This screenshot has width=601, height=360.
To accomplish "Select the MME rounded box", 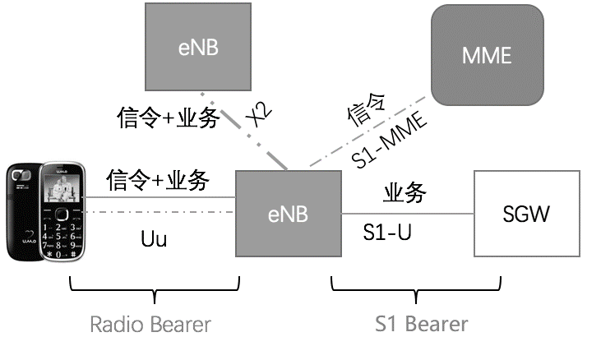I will point(487,54).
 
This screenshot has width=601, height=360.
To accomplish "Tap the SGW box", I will point(525,215).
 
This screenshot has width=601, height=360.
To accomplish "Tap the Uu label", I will point(154,238).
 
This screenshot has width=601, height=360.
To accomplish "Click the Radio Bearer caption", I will point(150,324).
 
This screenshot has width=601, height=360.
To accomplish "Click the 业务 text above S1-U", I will point(405,193).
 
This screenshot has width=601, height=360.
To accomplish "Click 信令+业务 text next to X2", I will point(168,118).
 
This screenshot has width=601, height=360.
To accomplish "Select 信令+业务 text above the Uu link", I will point(158,178).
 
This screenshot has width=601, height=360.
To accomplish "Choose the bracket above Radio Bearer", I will point(154,288).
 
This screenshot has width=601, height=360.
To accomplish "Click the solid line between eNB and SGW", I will point(407,214).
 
